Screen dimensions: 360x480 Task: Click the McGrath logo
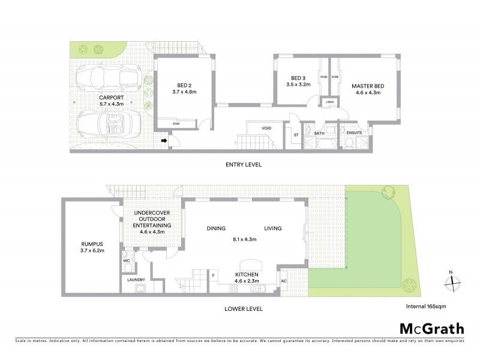coord(431,328)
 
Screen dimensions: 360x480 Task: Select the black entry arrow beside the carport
coord(163,141)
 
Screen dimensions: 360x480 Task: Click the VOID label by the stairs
coord(266,128)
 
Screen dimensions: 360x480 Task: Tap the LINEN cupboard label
coord(329,102)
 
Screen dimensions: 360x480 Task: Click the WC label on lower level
coord(127,261)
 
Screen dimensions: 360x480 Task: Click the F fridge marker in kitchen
coord(213,275)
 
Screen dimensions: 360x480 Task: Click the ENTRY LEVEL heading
coord(243,164)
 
